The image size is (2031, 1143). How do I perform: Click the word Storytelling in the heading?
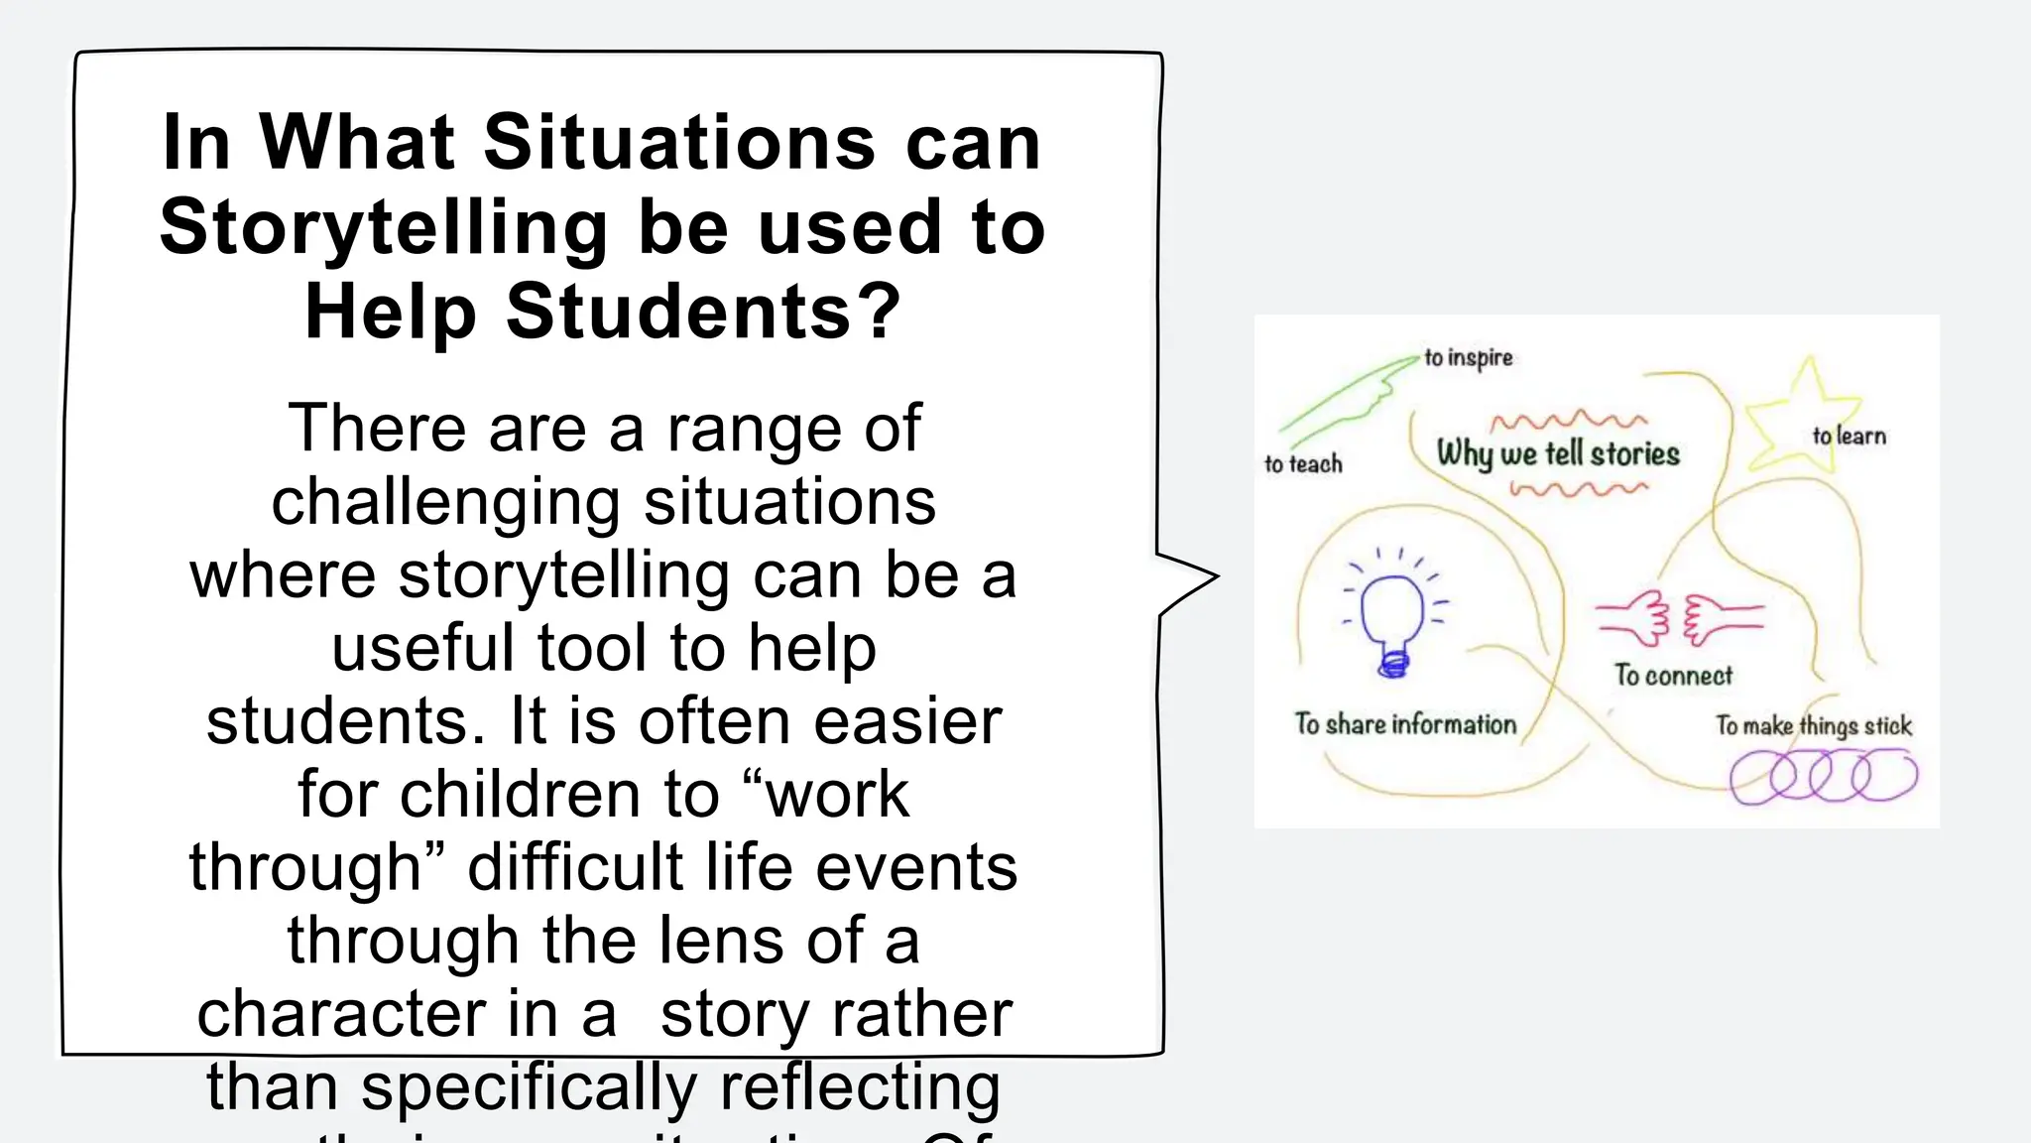click(x=383, y=228)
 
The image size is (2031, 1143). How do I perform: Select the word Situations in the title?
click(x=679, y=142)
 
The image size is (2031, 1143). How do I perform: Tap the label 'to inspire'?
click(x=1469, y=358)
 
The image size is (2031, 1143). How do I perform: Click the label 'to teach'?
click(x=1303, y=464)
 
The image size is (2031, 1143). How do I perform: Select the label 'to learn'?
click(x=1850, y=436)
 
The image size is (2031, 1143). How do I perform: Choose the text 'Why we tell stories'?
click(x=1558, y=453)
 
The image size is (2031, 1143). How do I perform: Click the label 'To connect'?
click(x=1673, y=676)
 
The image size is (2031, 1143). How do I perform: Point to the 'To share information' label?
click(x=1405, y=724)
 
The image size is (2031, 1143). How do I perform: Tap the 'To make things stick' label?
click(x=1814, y=725)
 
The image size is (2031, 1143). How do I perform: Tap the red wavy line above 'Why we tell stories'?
click(x=1567, y=420)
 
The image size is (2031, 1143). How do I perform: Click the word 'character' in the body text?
click(x=340, y=1014)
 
